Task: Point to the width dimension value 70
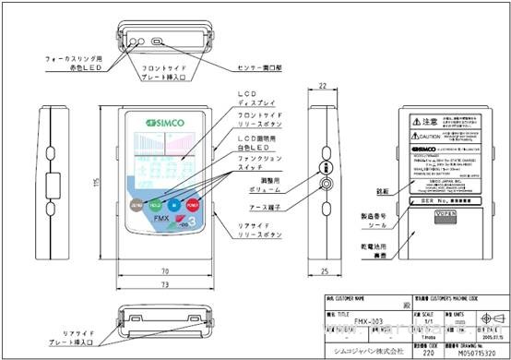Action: pos(164,271)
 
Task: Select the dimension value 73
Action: pos(164,286)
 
